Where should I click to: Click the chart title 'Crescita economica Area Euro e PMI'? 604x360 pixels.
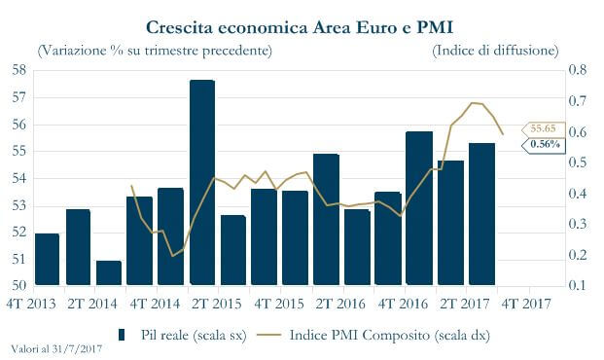pos(302,23)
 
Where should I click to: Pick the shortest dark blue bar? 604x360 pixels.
pos(109,273)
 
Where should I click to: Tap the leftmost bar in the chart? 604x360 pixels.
pos(47,260)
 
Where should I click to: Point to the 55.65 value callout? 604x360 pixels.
pos(543,128)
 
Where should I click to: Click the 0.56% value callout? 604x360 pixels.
pos(543,144)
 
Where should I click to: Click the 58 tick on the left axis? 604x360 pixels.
pos(20,70)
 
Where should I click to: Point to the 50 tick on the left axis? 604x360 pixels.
pos(20,286)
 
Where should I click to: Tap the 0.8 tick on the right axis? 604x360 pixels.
pos(578,70)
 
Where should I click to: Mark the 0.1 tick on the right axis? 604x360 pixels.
pos(578,286)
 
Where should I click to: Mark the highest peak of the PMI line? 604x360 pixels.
pos(472,102)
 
